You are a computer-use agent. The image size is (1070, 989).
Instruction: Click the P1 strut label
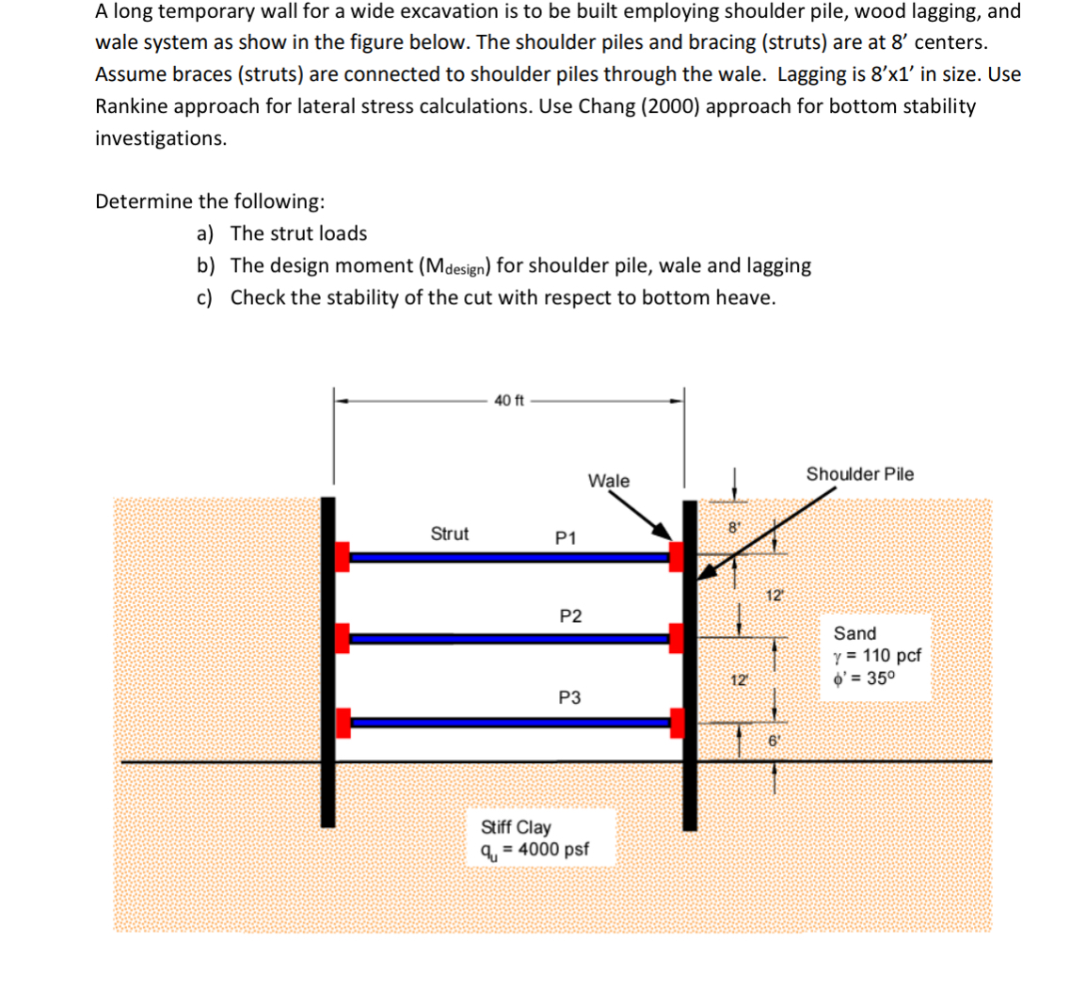pos(566,537)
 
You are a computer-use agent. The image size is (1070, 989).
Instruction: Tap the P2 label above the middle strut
pos(570,616)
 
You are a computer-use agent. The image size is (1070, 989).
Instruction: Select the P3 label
pos(569,697)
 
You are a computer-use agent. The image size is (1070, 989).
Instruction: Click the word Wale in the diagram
pos(609,481)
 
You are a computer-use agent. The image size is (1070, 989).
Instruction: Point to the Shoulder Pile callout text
pos(859,474)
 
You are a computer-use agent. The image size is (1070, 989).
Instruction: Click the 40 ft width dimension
pos(509,401)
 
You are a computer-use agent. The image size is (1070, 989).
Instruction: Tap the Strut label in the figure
pos(449,534)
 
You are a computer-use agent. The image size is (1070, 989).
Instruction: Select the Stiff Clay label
pos(516,827)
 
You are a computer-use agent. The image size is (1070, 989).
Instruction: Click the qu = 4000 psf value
pos(534,850)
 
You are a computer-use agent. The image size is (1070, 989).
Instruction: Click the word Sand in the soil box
pos(854,633)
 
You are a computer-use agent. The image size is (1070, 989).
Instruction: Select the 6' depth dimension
pos(774,741)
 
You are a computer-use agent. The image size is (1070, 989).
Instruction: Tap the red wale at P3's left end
pos(343,723)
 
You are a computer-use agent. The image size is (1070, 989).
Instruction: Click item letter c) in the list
pos(206,297)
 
